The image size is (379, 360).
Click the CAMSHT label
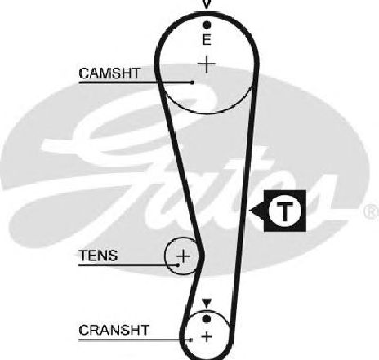coord(109,73)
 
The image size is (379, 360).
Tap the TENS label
coord(98,256)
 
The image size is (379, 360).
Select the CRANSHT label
coord(114,330)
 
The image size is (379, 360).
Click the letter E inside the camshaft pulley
coord(207,40)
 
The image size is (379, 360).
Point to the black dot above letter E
coord(207,25)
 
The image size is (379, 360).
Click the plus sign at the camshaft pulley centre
coord(207,64)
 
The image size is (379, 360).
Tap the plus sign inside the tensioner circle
coord(184,256)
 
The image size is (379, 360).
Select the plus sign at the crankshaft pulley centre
coord(207,337)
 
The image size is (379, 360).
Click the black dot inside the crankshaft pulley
coord(207,318)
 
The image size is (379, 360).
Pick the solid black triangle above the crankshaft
coord(207,304)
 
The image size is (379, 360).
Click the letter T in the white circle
coord(285,211)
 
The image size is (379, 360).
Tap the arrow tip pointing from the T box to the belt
coord(250,211)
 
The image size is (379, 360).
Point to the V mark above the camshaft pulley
coord(207,4)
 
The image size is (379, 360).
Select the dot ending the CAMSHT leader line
coord(192,82)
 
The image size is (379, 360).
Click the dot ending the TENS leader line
coord(178,264)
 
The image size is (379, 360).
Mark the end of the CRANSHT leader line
coord(191,340)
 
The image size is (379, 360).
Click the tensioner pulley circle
coord(165,256)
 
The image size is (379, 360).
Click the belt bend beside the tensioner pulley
coord(202,255)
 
